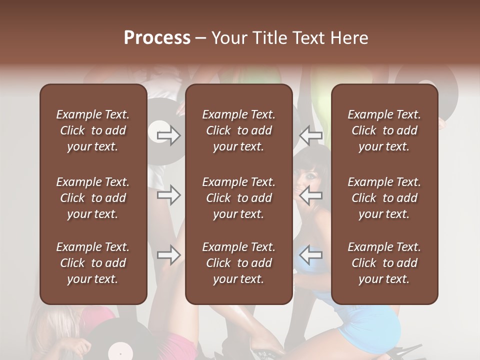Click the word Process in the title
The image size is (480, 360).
pos(157,38)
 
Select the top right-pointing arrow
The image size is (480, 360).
pos(169,135)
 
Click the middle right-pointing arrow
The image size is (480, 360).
pos(169,195)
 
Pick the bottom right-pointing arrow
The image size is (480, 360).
pos(169,255)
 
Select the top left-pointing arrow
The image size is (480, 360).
pos(311,135)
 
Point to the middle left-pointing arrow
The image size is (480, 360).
pos(311,195)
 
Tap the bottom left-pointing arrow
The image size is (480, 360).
pos(311,255)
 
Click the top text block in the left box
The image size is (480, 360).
pos(93,130)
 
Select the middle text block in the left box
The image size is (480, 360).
pos(93,198)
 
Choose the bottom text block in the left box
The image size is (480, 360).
pos(93,263)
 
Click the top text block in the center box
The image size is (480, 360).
pos(238,130)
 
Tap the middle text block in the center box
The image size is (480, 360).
pos(238,198)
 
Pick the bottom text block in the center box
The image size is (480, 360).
pos(238,263)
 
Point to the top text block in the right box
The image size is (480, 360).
pos(384,130)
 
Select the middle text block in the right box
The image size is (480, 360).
pos(384,198)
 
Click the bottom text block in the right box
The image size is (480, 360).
pos(384,263)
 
